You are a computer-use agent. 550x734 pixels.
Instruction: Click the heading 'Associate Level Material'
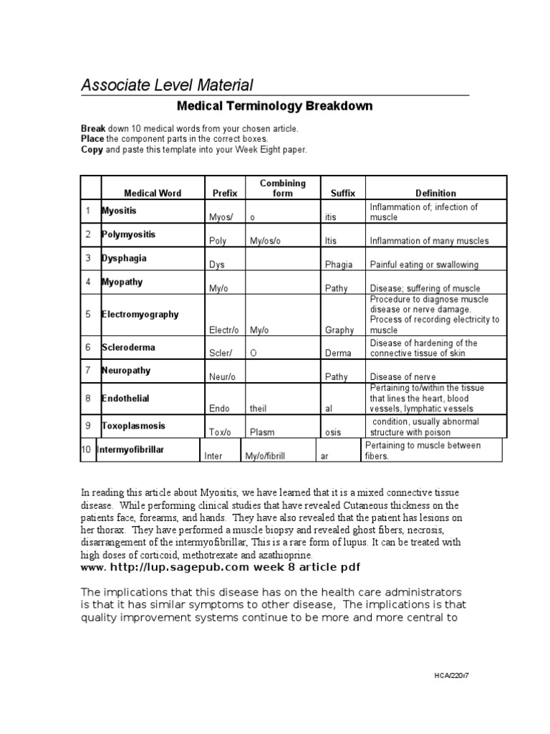tap(166, 85)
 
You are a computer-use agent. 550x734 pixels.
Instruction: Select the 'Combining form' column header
tap(284, 188)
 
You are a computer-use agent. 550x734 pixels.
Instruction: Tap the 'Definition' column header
tap(435, 193)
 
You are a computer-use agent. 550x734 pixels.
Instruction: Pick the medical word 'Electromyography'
tap(140, 314)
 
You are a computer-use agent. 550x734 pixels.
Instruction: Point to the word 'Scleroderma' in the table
tap(129, 347)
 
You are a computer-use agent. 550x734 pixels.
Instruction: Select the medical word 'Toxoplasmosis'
tap(133, 425)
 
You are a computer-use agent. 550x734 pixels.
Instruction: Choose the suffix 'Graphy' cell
tap(339, 330)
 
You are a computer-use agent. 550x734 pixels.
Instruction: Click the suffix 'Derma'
tap(337, 353)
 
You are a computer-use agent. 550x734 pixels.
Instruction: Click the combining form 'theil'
tap(259, 409)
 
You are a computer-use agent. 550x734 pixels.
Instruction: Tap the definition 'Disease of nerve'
tap(402, 377)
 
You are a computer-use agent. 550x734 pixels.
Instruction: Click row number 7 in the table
tap(88, 371)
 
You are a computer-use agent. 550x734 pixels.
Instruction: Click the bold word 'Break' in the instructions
tap(92, 128)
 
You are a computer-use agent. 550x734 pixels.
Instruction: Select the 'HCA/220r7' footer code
tap(454, 676)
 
